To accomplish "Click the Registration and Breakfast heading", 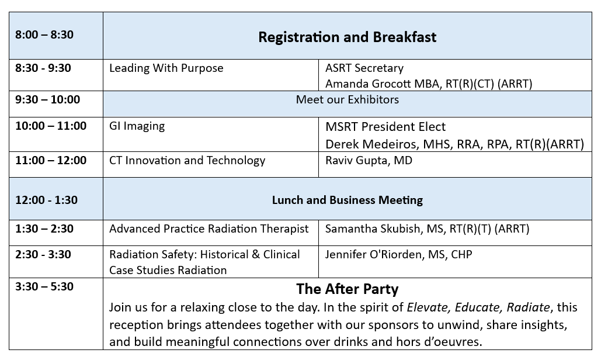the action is (348, 37).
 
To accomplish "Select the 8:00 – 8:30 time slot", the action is (44, 34).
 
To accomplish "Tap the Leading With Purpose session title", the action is (166, 68).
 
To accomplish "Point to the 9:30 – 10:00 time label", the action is (47, 100).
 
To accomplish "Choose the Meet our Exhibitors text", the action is (348, 100).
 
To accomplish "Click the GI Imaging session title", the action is (137, 126).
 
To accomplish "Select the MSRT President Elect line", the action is (385, 126).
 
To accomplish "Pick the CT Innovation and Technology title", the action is (187, 160).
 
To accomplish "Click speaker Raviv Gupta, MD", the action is (369, 160).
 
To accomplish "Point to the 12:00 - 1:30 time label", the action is (46, 200).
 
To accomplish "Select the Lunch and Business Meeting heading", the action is (348, 200).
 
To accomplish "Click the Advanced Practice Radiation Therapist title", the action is (209, 229).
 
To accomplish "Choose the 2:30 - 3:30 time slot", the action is (43, 255).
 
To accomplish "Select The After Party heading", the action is (348, 289).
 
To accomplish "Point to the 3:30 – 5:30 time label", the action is (44, 287).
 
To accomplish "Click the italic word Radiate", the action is (528, 307).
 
